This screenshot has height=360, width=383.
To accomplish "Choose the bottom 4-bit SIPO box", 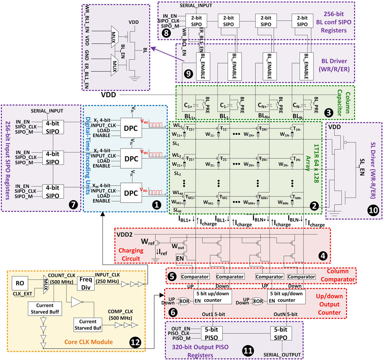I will coord(53,192).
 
